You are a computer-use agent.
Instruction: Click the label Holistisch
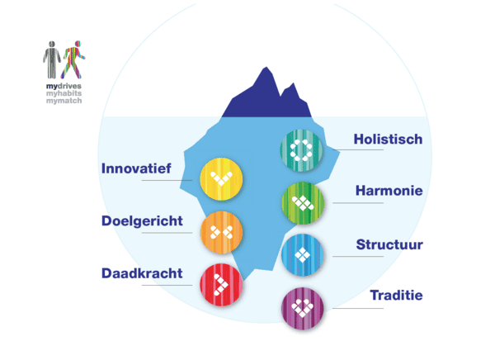point(388,140)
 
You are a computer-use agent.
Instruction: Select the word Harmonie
point(389,191)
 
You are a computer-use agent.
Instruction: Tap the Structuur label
point(389,244)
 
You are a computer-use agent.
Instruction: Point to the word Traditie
point(396,295)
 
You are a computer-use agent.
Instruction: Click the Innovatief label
point(136,168)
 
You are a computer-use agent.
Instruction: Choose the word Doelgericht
point(142,221)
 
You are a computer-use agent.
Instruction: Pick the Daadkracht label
point(142,272)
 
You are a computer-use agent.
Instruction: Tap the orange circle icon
point(220,232)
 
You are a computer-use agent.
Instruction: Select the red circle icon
point(220,284)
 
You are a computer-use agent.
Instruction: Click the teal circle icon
point(300,149)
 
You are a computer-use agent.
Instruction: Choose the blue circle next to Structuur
point(302,254)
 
